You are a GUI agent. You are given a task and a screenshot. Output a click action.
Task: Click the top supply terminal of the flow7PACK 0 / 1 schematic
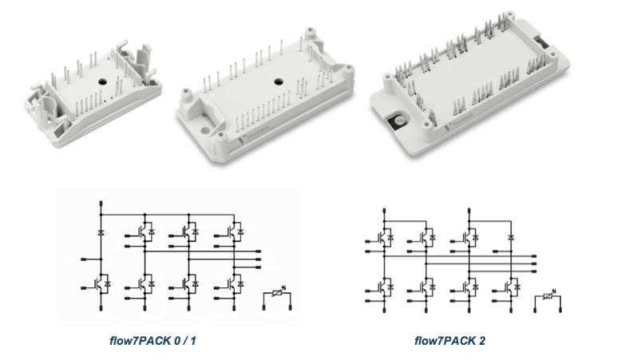(x=101, y=205)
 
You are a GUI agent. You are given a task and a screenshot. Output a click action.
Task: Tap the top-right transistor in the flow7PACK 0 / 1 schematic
(x=234, y=231)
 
